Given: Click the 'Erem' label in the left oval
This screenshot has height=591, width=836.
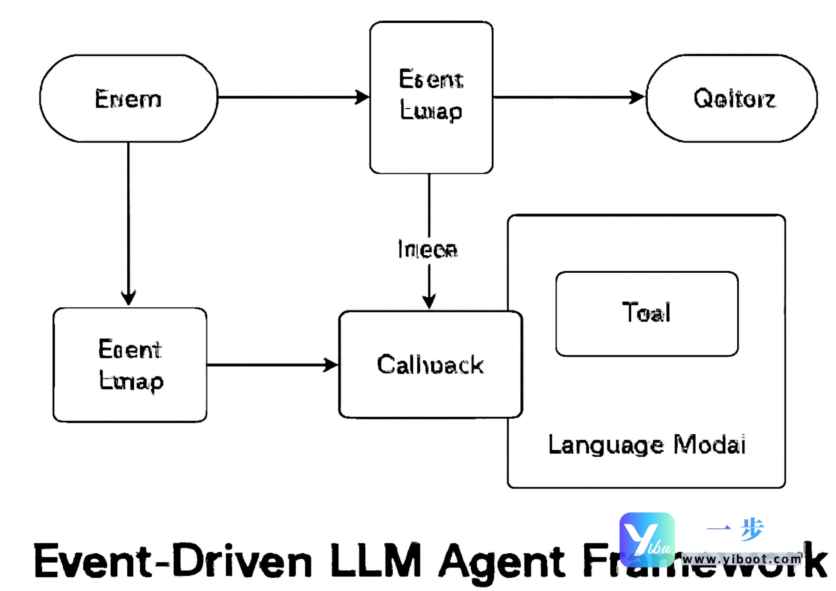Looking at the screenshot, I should click(128, 99).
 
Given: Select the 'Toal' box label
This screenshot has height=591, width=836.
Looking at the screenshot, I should click(646, 312).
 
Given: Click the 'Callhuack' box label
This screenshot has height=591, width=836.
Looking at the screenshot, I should click(430, 365).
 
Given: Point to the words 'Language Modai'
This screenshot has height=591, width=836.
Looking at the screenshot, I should click(646, 445).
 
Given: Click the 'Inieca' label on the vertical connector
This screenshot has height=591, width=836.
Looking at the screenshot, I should click(428, 249).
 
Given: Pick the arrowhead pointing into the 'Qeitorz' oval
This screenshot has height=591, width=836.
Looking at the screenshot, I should click(637, 97).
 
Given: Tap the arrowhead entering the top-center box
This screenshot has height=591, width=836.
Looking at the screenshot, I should click(362, 97).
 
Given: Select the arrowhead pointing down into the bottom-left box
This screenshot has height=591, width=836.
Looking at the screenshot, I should click(129, 298).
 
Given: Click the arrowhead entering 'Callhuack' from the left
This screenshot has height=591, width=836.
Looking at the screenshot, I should click(331, 365).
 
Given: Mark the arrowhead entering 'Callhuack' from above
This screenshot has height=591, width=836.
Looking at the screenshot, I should click(429, 301).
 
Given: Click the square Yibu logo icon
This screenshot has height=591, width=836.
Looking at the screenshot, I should click(647, 540).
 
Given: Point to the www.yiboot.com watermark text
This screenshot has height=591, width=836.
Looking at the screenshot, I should click(741, 559).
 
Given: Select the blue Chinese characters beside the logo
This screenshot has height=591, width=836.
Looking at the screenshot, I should click(736, 529).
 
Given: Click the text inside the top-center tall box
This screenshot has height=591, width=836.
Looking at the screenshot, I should click(431, 95).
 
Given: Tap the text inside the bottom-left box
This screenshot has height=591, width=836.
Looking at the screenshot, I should click(131, 365).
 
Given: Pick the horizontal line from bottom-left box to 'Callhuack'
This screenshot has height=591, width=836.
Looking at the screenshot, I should click(265, 365).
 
